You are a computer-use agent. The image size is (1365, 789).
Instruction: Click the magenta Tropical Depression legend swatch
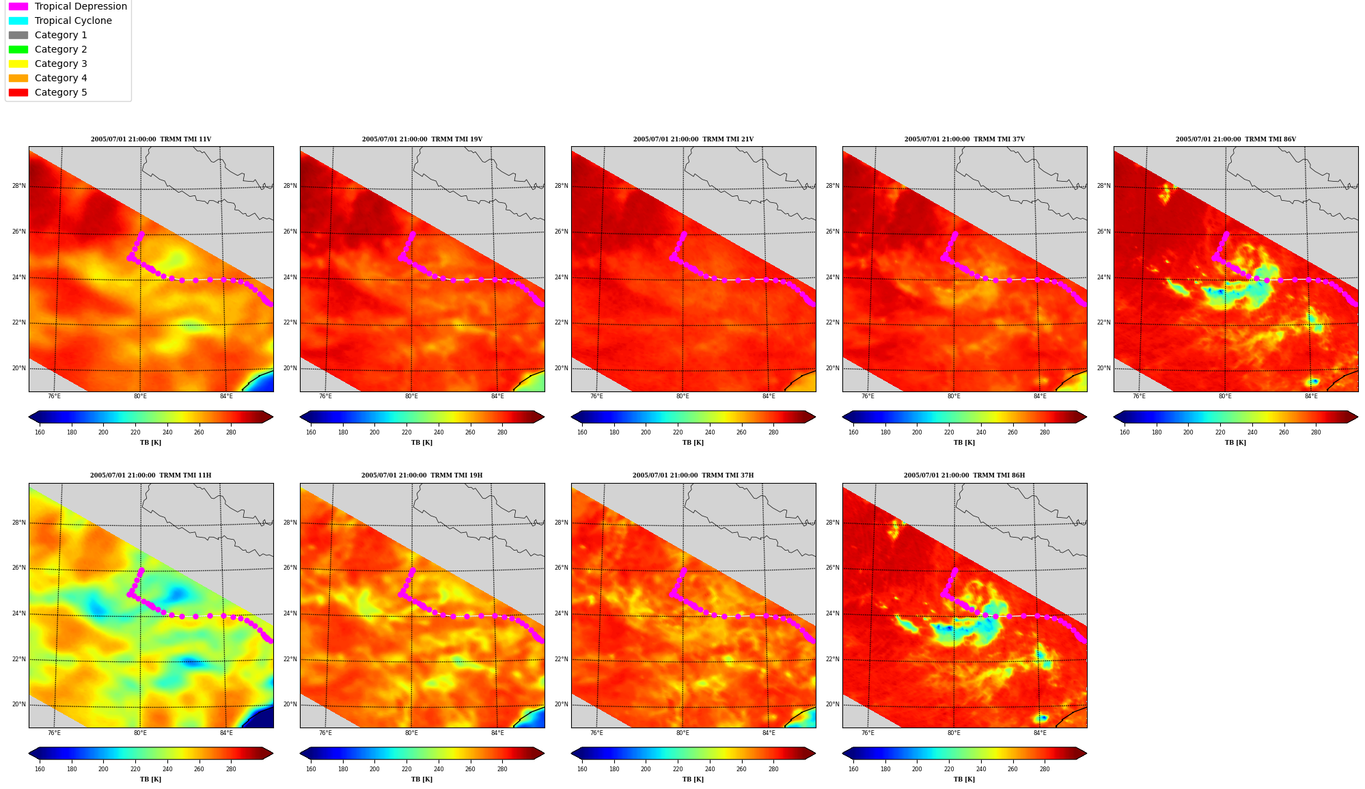point(18,6)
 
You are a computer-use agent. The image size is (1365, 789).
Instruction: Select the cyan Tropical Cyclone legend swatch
point(18,20)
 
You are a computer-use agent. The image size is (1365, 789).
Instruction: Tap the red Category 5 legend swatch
point(18,92)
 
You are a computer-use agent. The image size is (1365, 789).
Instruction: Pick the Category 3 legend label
point(61,64)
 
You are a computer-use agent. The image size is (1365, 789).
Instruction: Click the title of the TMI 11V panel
point(151,139)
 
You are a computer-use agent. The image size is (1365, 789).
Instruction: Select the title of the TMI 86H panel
point(964,475)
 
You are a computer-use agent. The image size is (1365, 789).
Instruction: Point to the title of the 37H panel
point(693,475)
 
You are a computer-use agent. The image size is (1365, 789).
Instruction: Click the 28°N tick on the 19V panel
point(290,186)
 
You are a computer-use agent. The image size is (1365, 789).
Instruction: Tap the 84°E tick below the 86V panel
point(1311,396)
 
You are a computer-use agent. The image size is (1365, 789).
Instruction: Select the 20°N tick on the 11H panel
point(19,705)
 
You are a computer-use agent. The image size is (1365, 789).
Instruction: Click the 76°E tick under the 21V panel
point(596,396)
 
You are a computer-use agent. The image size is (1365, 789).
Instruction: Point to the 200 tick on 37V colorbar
point(917,432)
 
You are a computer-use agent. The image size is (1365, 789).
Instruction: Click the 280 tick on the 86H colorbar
point(1045,769)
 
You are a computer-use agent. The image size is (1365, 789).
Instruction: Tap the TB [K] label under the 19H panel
point(422,779)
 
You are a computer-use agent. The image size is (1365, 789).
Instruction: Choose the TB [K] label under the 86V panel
point(1235,443)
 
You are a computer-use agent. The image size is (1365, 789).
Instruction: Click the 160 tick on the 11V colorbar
point(40,432)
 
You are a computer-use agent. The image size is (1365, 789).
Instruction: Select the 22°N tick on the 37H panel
point(562,659)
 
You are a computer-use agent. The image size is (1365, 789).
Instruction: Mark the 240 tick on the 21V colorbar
point(710,432)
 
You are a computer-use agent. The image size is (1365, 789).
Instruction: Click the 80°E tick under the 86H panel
point(954,733)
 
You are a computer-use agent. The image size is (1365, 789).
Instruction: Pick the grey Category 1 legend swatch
point(18,35)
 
